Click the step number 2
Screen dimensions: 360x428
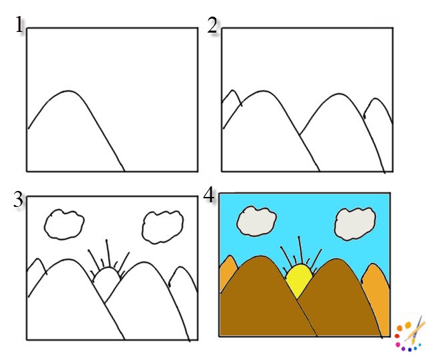(212, 26)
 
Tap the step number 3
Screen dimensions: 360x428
(18, 199)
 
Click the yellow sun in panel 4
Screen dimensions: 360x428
(299, 279)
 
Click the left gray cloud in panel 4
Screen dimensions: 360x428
(257, 220)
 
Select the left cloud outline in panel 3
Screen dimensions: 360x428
(64, 224)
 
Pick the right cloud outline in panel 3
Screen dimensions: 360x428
(162, 226)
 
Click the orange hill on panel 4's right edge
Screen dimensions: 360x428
(376, 293)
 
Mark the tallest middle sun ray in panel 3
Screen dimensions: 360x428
(105, 253)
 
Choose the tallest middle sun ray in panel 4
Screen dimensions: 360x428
(299, 249)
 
